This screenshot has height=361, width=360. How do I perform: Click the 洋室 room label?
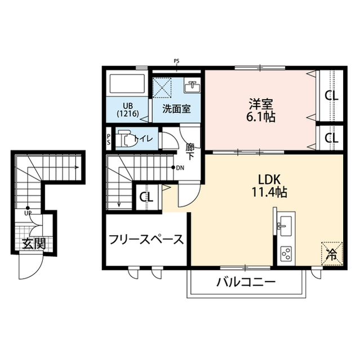point(262,105)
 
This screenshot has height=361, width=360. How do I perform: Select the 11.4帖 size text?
point(270,192)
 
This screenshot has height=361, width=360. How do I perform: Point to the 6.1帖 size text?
point(262,118)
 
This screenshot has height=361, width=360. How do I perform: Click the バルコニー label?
point(246,282)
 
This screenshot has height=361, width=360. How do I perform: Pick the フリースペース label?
point(146,240)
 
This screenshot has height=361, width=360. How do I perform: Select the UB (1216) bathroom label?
point(127,108)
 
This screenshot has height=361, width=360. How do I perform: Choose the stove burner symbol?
point(285,253)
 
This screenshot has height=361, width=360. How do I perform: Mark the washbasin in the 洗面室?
point(193,87)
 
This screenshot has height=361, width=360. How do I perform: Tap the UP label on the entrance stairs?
point(27,213)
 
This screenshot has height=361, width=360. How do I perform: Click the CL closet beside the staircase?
point(146,197)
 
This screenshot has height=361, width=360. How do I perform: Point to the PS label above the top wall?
point(176,61)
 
